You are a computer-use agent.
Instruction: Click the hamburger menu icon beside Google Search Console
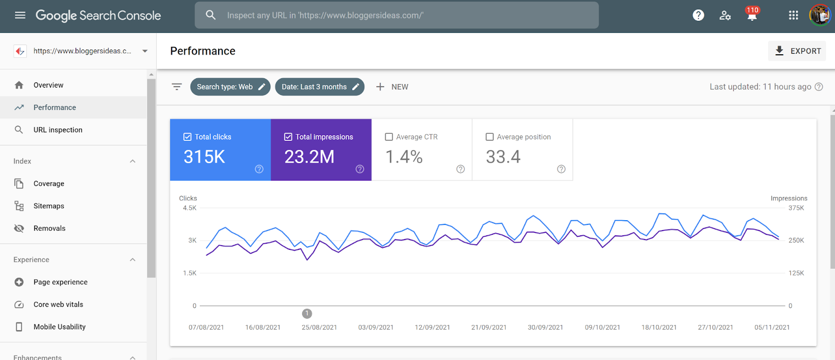tap(20, 15)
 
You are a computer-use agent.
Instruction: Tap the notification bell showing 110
tap(752, 15)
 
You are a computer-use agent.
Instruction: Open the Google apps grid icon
tap(793, 15)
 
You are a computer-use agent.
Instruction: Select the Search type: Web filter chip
tap(230, 87)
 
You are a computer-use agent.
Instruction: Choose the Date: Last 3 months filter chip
tap(319, 87)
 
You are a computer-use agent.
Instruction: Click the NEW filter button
tap(392, 87)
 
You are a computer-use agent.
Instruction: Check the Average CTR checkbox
tap(389, 137)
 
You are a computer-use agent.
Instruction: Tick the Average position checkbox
tap(490, 137)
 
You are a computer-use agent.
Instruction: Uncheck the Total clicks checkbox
tap(187, 137)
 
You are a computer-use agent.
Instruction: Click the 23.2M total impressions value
tap(309, 157)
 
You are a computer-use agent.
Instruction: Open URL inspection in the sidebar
tap(58, 130)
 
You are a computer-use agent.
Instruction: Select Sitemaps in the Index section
tap(49, 206)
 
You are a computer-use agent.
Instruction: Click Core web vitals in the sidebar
tap(58, 305)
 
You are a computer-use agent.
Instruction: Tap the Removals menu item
tap(50, 228)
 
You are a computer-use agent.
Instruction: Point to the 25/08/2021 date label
tap(319, 327)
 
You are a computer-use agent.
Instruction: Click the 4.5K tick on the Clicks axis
tap(190, 208)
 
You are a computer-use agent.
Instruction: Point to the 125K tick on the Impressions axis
tap(796, 273)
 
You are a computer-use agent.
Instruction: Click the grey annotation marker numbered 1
tap(307, 314)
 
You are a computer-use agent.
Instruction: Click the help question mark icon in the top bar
tap(698, 15)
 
